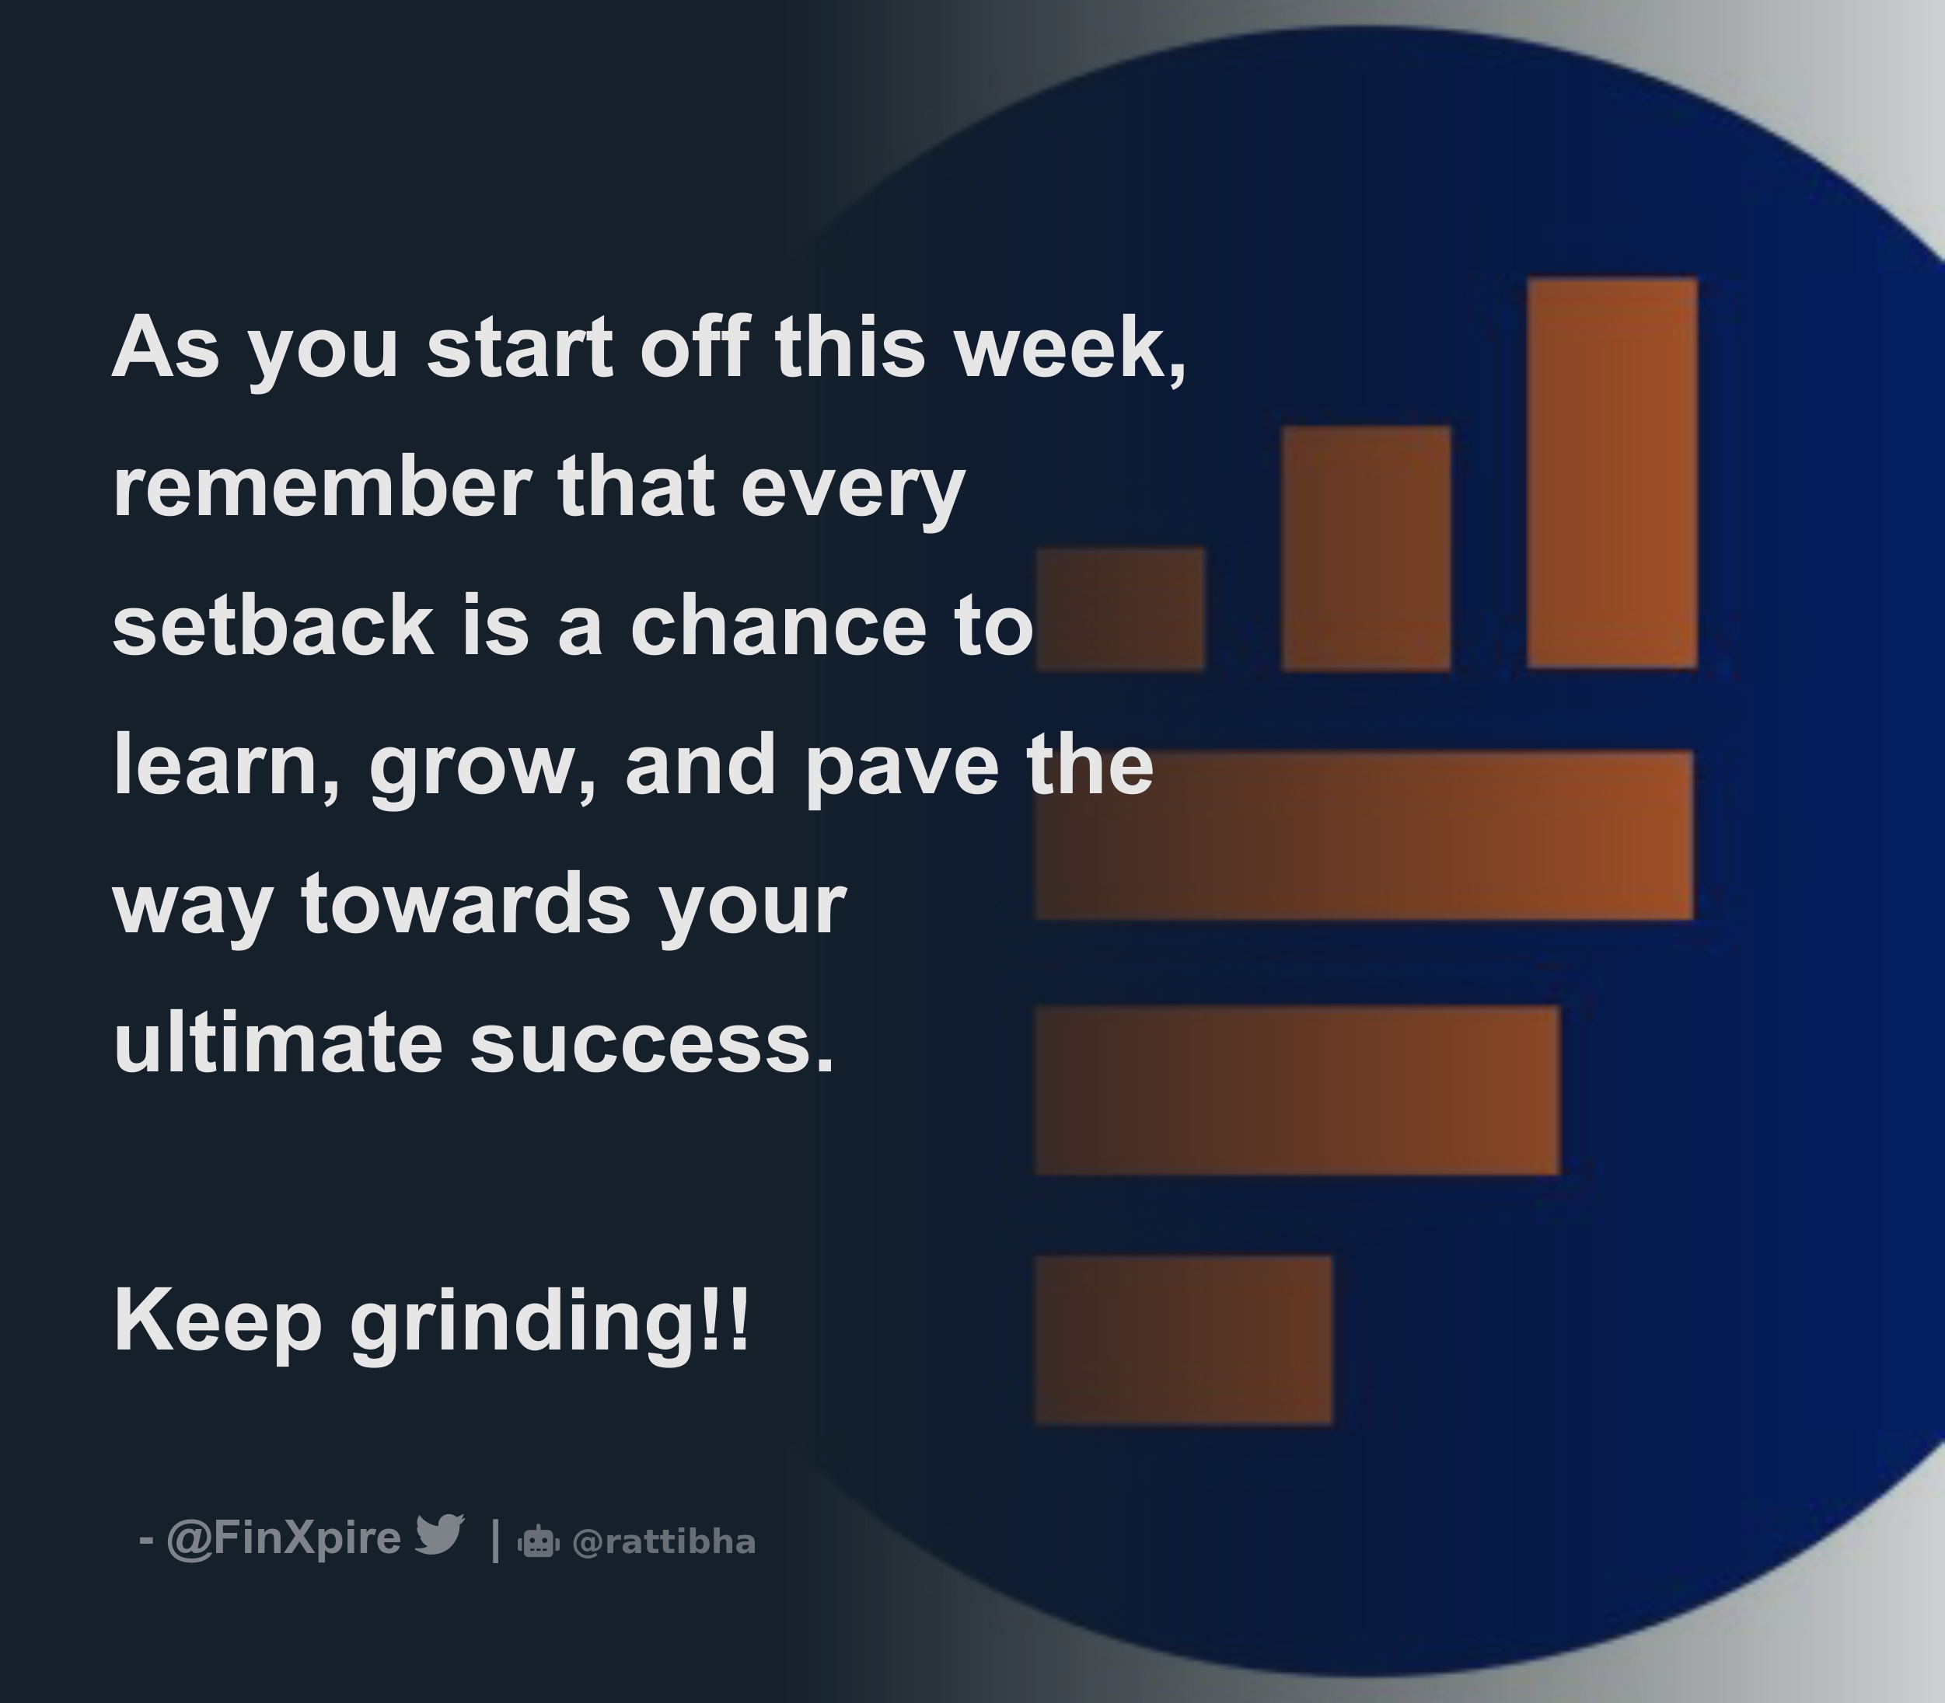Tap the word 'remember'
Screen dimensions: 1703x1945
(x=321, y=486)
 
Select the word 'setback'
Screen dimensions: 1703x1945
(x=274, y=625)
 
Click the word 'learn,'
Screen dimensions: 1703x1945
(x=226, y=766)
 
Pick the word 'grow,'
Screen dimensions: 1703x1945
(x=483, y=766)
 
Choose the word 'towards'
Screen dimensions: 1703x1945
(x=466, y=904)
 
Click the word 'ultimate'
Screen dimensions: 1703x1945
(x=278, y=1043)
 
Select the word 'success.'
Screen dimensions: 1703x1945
(x=652, y=1043)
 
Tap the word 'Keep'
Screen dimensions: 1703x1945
(x=218, y=1322)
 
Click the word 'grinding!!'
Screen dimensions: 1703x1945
(x=550, y=1322)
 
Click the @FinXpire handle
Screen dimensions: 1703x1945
(x=283, y=1538)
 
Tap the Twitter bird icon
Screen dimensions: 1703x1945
(x=439, y=1534)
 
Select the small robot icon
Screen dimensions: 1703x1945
(x=538, y=1541)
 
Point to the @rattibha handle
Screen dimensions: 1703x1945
(x=664, y=1542)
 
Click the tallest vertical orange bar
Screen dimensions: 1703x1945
(x=1612, y=472)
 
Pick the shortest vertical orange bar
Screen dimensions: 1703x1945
(x=1120, y=608)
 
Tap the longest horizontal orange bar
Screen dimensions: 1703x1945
(x=1364, y=834)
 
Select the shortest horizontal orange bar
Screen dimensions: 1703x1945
(x=1182, y=1340)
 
